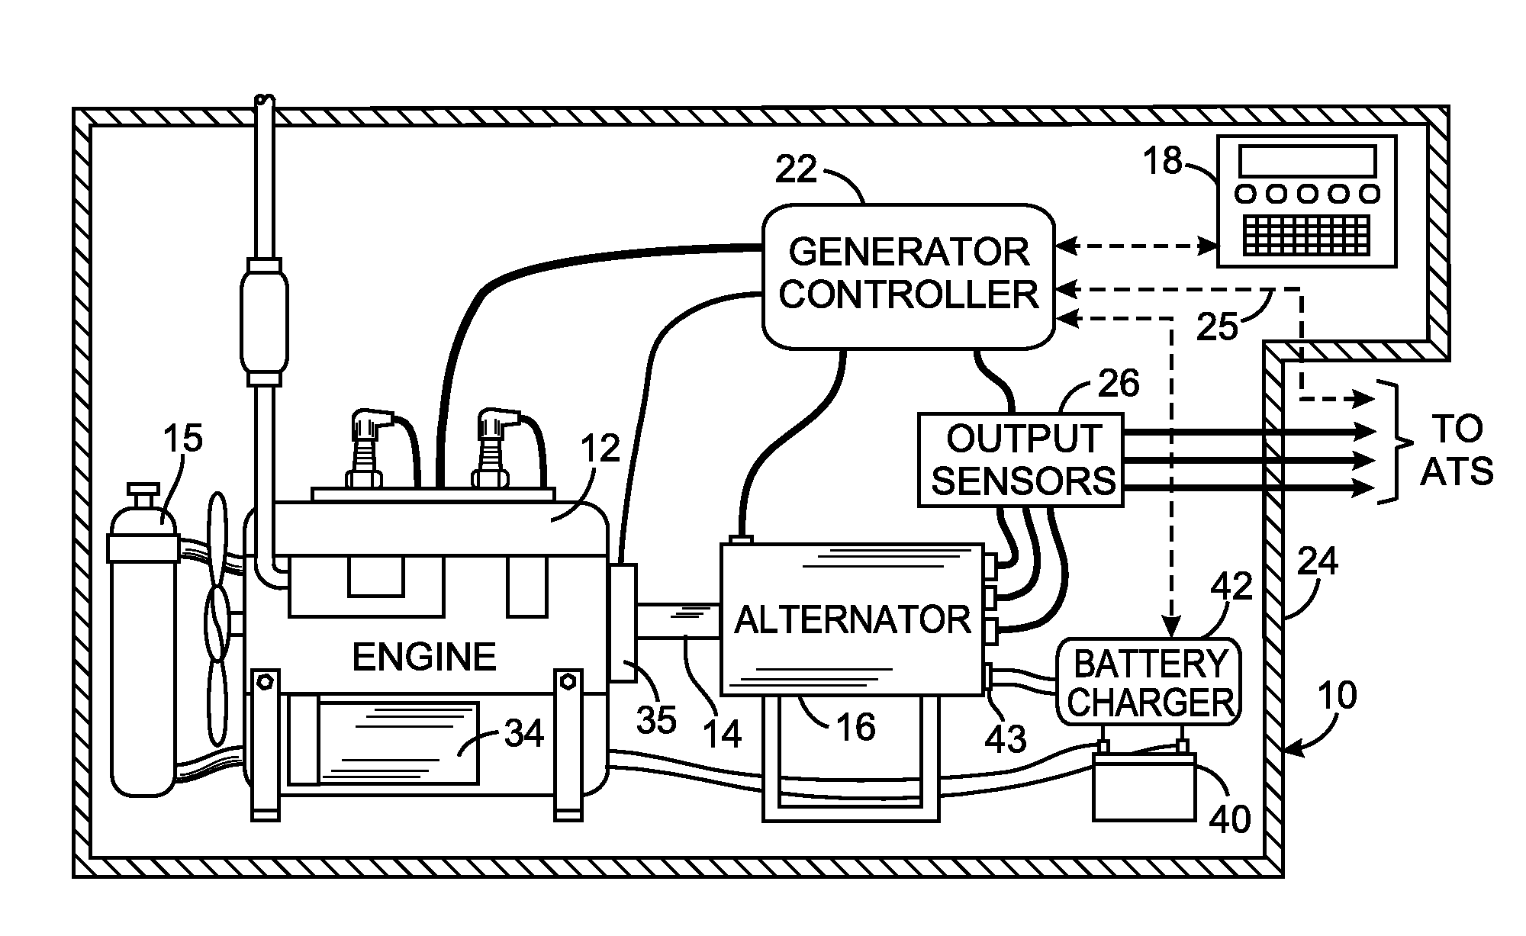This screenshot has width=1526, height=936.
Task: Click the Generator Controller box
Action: [x=908, y=275]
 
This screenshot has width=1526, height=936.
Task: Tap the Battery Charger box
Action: [x=1149, y=682]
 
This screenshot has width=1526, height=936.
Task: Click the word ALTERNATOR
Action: [x=852, y=620]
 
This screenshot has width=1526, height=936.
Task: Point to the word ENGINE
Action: [x=424, y=657]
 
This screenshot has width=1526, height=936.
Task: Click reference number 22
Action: [x=796, y=169]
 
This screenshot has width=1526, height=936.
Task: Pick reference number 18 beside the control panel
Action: [x=1163, y=161]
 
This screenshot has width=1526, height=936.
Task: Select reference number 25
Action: [x=1217, y=326]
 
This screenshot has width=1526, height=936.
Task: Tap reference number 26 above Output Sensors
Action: [x=1119, y=383]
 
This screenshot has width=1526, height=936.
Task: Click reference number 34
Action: [x=524, y=734]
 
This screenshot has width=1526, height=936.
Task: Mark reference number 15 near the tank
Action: [x=183, y=439]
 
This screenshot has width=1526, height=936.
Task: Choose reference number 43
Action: [x=1006, y=739]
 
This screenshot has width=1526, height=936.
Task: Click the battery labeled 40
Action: [x=1144, y=793]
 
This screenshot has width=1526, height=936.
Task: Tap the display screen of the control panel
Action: [x=1307, y=162]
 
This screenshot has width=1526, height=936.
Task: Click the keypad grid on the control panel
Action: [x=1307, y=234]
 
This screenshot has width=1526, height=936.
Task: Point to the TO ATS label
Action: [x=1456, y=451]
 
